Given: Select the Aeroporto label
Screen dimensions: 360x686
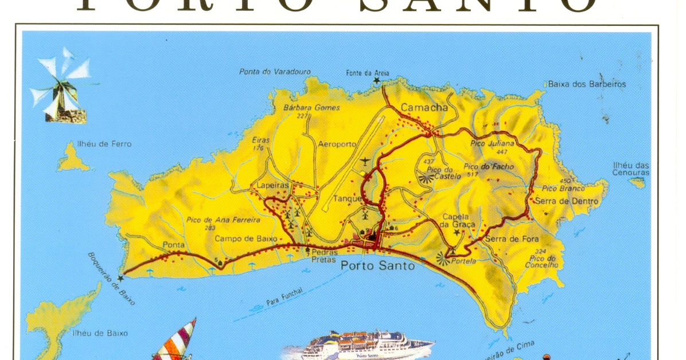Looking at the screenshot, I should click(x=337, y=144).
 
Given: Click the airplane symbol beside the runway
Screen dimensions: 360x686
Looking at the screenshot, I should click(x=365, y=162).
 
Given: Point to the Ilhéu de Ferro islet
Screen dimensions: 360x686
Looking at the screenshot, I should click(x=73, y=158).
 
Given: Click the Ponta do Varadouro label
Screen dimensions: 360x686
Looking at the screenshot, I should click(x=275, y=72).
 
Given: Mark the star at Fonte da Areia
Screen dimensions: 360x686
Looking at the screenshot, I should click(x=377, y=81).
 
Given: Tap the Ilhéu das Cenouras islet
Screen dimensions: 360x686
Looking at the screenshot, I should click(x=637, y=183).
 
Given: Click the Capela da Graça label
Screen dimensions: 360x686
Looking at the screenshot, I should click(x=456, y=220).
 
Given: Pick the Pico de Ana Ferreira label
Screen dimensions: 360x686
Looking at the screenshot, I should click(x=224, y=220).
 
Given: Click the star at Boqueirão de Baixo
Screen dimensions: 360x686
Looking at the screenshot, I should click(x=120, y=279).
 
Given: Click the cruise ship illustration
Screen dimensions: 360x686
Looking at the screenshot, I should click(x=367, y=346).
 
